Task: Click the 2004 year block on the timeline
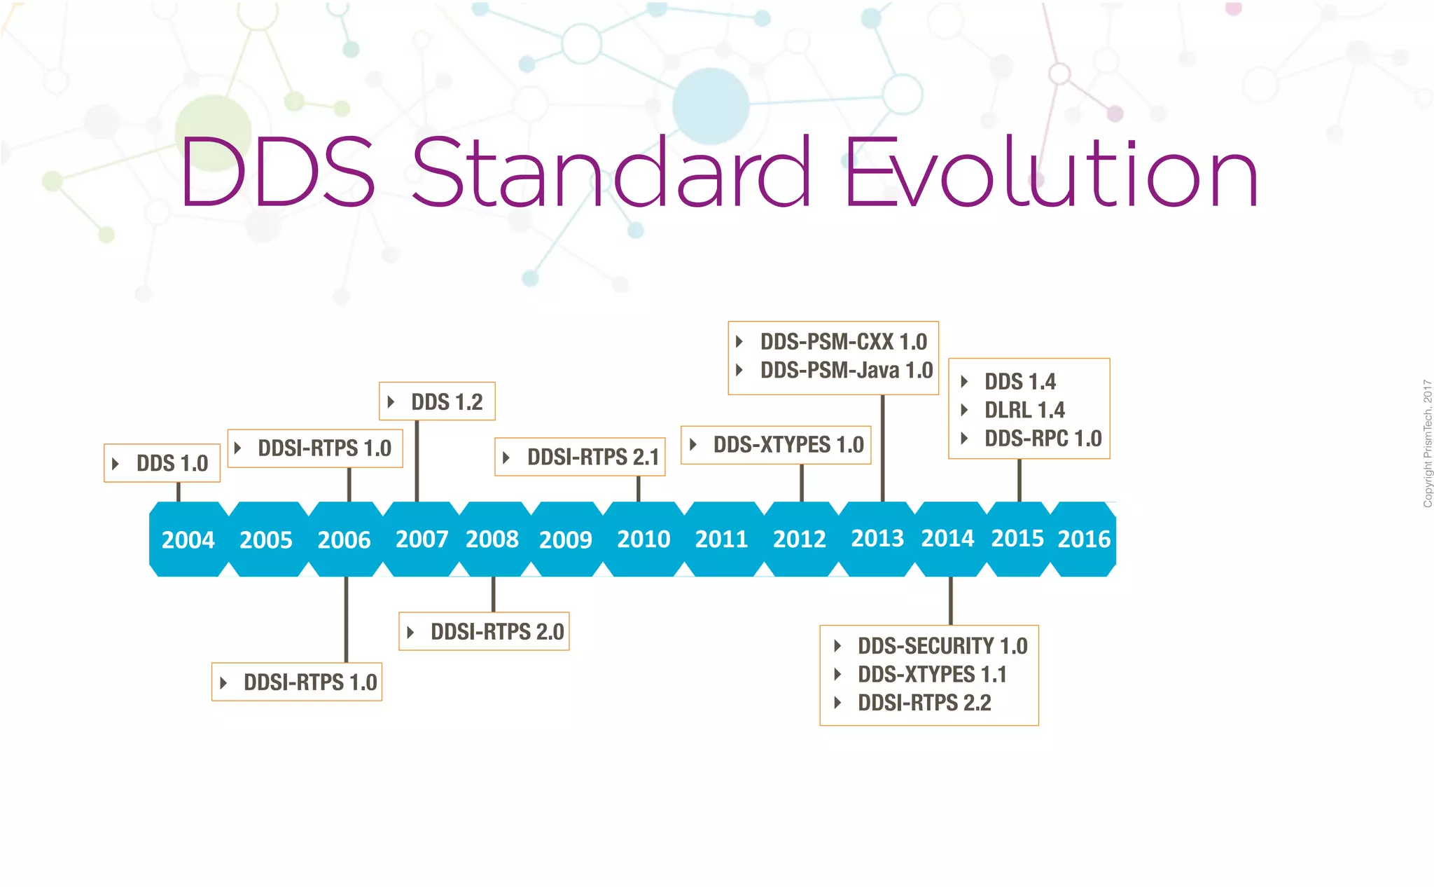pyautogui.click(x=188, y=539)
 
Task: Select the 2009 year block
pyautogui.click(x=565, y=539)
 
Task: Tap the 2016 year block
pyautogui.click(x=1083, y=539)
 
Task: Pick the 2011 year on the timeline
pyautogui.click(x=721, y=539)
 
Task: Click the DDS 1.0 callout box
pyautogui.click(x=162, y=463)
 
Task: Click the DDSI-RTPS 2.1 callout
pyautogui.click(x=580, y=457)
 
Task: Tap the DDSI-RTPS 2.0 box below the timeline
pyautogui.click(x=485, y=631)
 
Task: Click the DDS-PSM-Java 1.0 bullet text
pyautogui.click(x=846, y=370)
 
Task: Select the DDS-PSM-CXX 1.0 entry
pyautogui.click(x=843, y=342)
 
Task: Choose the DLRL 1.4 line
pyautogui.click(x=1024, y=410)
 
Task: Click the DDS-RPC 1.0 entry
pyautogui.click(x=1043, y=439)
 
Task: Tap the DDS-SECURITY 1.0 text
pyautogui.click(x=942, y=646)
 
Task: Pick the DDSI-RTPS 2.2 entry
pyautogui.click(x=924, y=703)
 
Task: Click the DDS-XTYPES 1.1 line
pyautogui.click(x=931, y=675)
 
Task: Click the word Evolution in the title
pyautogui.click(x=1050, y=174)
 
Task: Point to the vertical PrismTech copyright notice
pyautogui.click(x=1427, y=443)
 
